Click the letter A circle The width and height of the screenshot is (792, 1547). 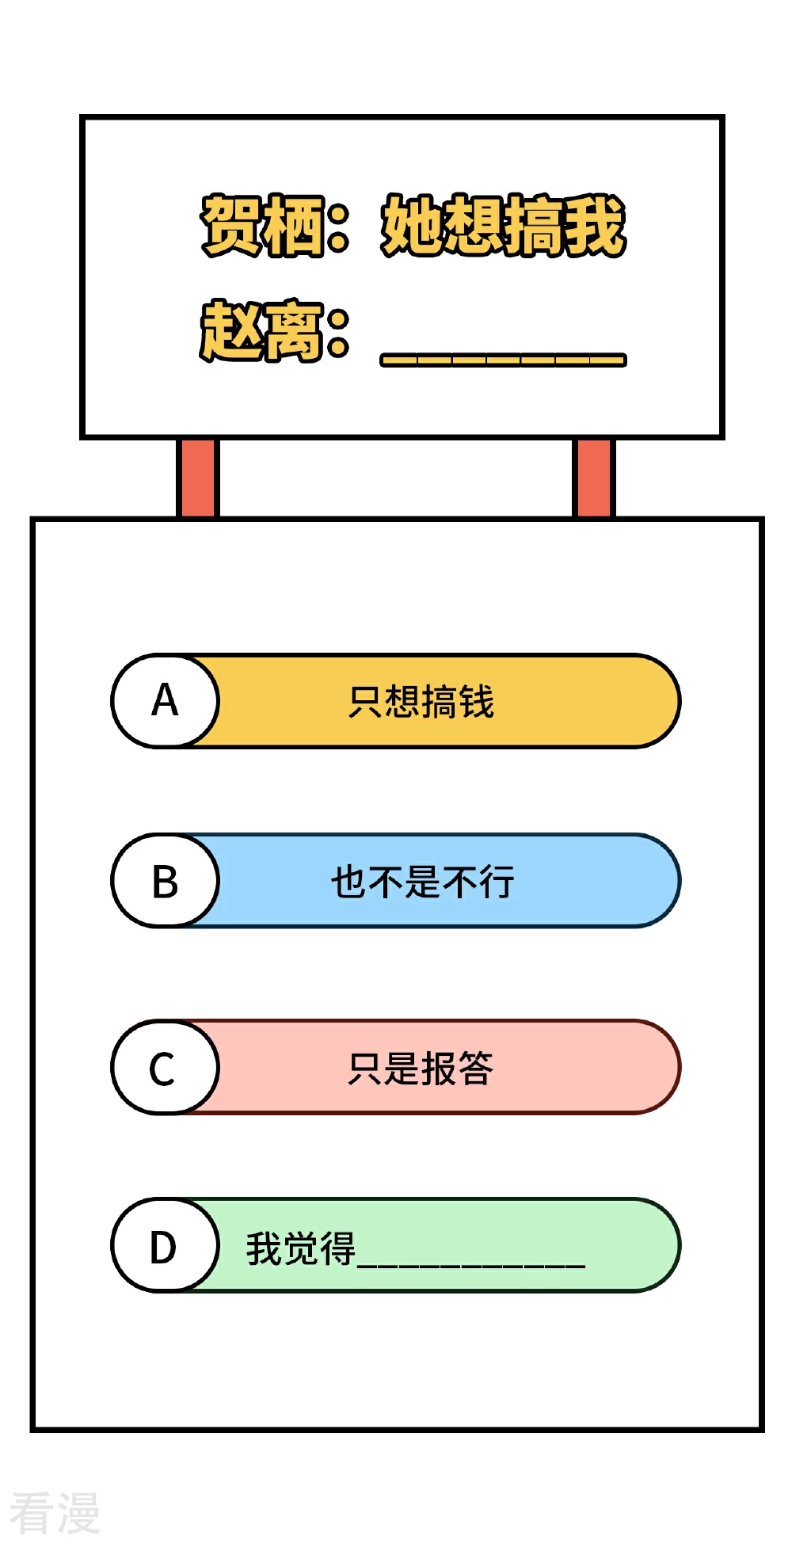[x=165, y=701]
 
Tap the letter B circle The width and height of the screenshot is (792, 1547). [x=165, y=881]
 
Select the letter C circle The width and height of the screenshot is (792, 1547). [x=165, y=1068]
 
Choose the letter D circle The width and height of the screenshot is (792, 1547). [x=165, y=1246]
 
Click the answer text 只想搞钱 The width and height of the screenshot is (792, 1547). [x=421, y=702]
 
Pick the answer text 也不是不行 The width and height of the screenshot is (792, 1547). [x=423, y=882]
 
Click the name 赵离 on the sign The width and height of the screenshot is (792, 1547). [x=262, y=331]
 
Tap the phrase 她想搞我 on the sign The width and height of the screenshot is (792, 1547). [x=504, y=226]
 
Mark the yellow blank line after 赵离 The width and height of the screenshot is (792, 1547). [x=504, y=360]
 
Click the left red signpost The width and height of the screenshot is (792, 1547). [x=197, y=478]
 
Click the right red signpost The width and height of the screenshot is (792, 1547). [x=593, y=478]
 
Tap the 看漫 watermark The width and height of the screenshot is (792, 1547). [x=55, y=1512]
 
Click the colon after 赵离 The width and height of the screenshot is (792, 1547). [x=338, y=334]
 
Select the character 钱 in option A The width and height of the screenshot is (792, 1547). [x=477, y=702]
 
